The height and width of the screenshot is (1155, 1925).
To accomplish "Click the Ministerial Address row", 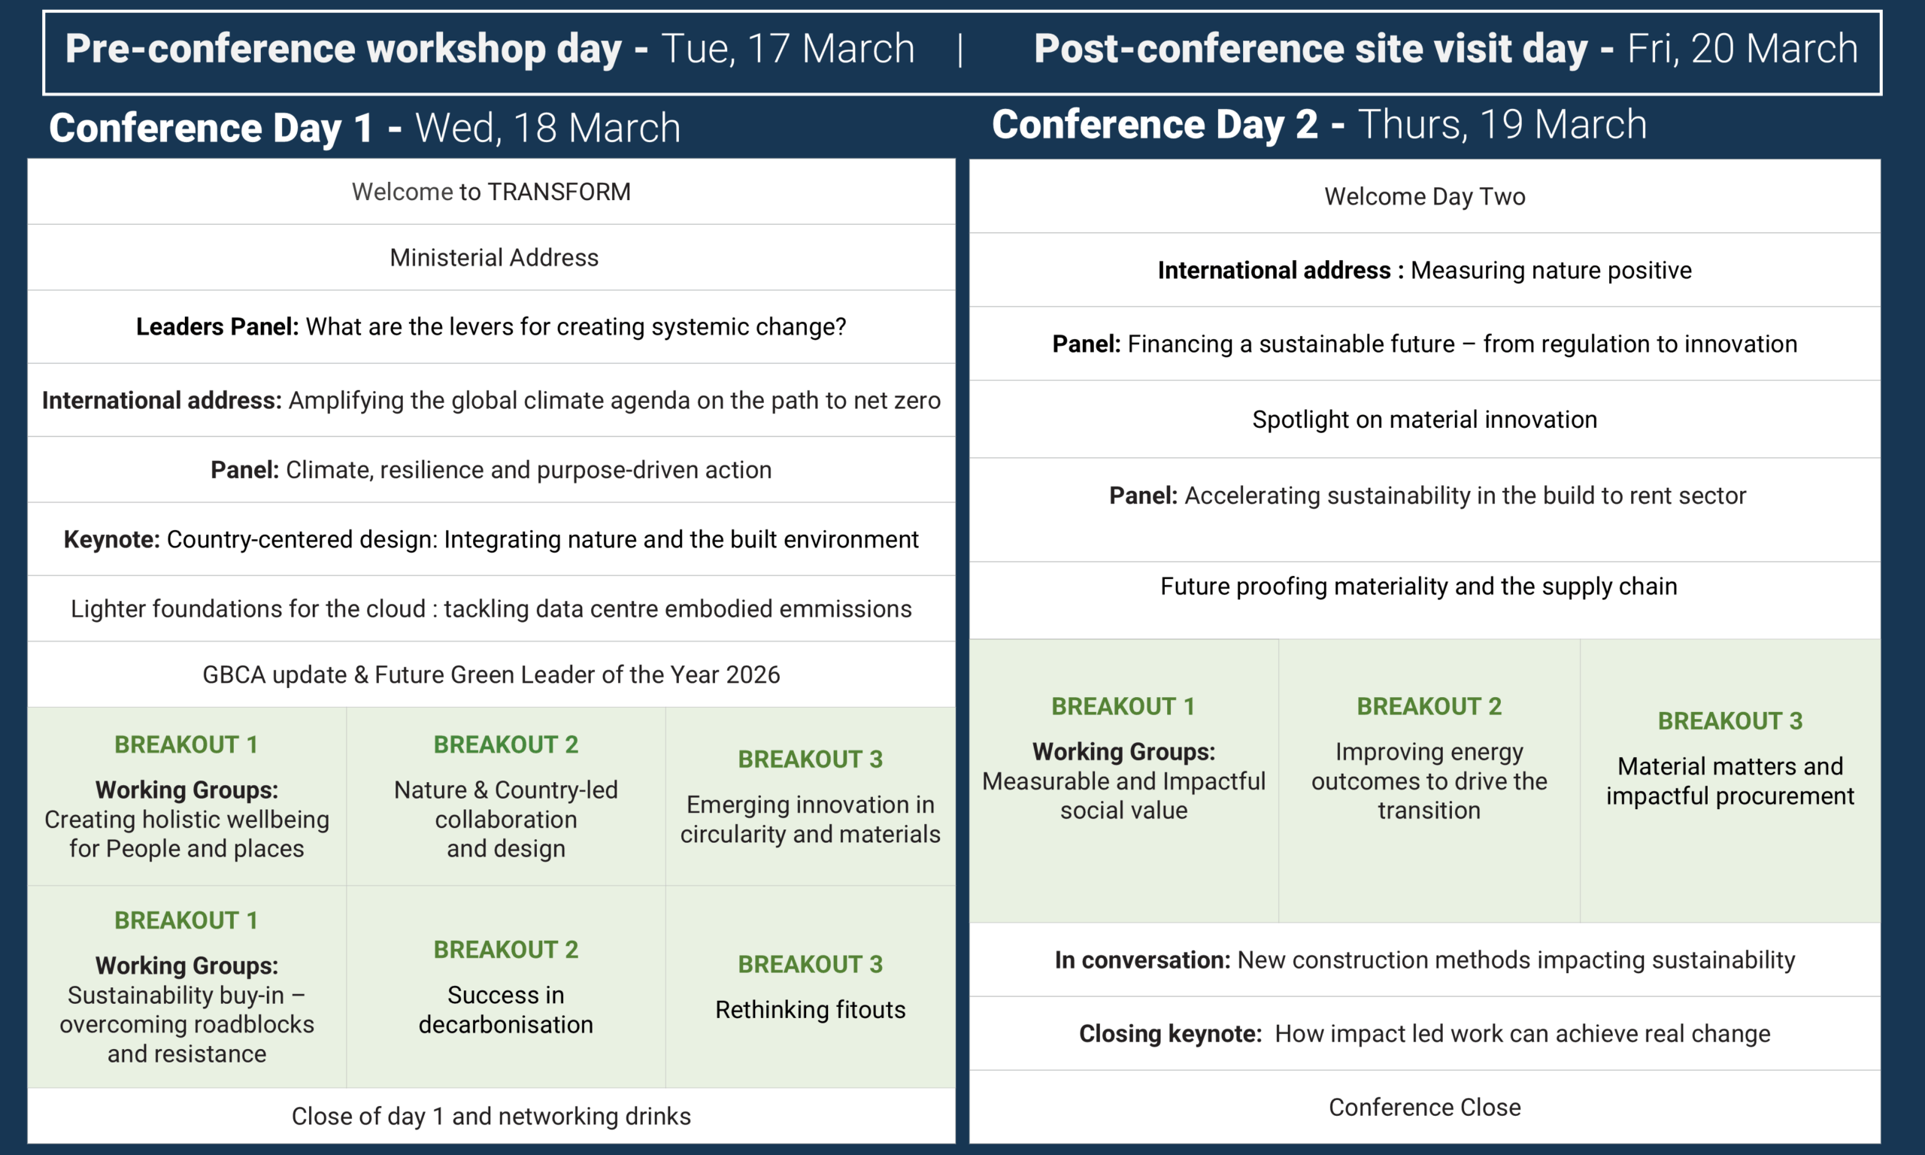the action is click(494, 258).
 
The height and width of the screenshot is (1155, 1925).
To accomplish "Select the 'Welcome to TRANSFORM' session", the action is click(491, 192).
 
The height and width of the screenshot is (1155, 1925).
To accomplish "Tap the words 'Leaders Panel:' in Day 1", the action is click(217, 327).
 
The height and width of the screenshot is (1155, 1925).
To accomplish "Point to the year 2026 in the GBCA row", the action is click(753, 675).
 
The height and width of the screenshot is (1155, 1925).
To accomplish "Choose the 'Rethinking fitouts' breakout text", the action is click(810, 1009).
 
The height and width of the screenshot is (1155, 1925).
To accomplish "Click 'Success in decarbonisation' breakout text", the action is click(506, 1009).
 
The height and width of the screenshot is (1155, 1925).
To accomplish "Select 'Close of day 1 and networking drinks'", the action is click(491, 1116).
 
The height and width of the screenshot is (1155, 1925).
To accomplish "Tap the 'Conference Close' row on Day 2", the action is click(1425, 1107).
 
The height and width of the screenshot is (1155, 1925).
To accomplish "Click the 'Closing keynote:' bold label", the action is click(1170, 1034).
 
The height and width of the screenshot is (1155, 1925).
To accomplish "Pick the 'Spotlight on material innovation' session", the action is click(1425, 420).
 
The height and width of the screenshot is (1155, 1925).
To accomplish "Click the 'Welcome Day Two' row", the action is click(1425, 196).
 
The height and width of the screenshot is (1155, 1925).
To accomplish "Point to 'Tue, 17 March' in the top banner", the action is click(788, 49).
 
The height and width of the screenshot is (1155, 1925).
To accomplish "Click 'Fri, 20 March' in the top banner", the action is click(1742, 49).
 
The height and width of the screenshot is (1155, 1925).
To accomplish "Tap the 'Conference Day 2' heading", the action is click(1155, 125).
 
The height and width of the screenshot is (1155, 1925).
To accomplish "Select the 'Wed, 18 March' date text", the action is click(547, 128).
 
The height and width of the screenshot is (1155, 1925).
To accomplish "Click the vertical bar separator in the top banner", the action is click(960, 50).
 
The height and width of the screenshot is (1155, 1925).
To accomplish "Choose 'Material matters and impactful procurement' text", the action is click(1730, 781).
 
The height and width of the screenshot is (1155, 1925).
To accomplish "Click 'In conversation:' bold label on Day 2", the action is click(1142, 959).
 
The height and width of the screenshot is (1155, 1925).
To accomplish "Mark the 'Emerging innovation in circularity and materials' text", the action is click(810, 819).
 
